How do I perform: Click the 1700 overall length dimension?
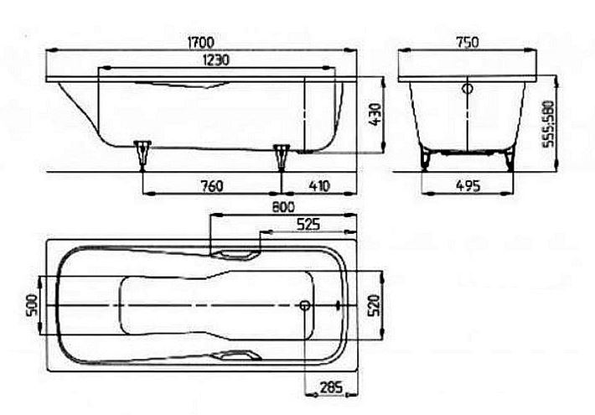pyautogui.click(x=201, y=42)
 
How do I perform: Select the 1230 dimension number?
pyautogui.click(x=216, y=60)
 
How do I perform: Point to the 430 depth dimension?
pyautogui.click(x=375, y=115)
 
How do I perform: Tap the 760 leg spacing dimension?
pyautogui.click(x=212, y=186)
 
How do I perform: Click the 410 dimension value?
pyautogui.click(x=319, y=186)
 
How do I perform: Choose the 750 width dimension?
pyautogui.click(x=467, y=42)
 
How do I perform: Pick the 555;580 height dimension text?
pyautogui.click(x=548, y=124)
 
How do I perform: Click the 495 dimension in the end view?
pyautogui.click(x=468, y=186)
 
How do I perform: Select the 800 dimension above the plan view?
pyautogui.click(x=283, y=207)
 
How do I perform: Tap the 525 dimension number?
pyautogui.click(x=308, y=225)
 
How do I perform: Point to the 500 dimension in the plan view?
pyautogui.click(x=32, y=306)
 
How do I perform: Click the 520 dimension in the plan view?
pyautogui.click(x=374, y=306)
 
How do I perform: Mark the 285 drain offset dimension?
pyautogui.click(x=331, y=387)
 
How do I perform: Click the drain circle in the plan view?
pyautogui.click(x=305, y=305)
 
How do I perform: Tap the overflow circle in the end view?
pyautogui.click(x=468, y=89)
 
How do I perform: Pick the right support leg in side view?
pyautogui.click(x=282, y=157)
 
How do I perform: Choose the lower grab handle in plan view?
pyautogui.click(x=236, y=355)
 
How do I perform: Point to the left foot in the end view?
pyautogui.click(x=427, y=159)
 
